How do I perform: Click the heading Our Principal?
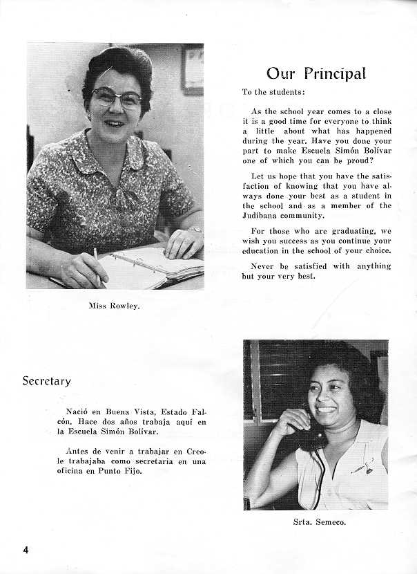click(x=316, y=74)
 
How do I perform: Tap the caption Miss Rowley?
click(x=114, y=305)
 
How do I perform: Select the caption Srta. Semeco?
click(x=315, y=522)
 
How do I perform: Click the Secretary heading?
click(x=46, y=381)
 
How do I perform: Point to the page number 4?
click(x=26, y=550)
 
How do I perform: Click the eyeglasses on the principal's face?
click(x=116, y=98)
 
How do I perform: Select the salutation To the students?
click(x=273, y=92)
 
